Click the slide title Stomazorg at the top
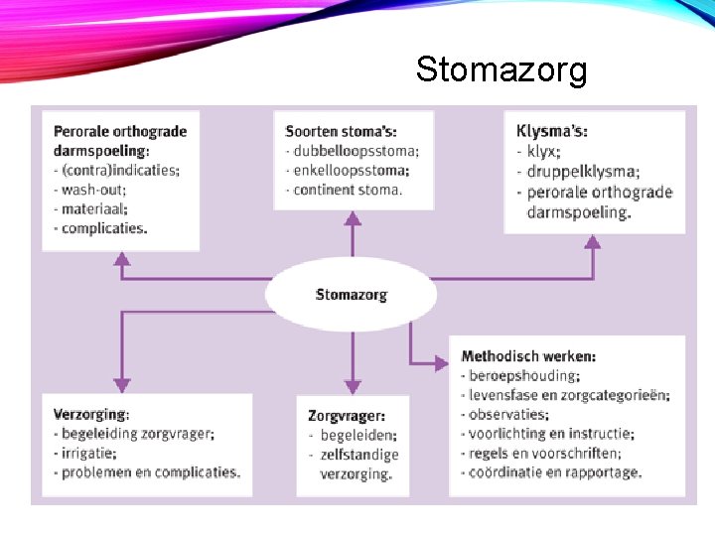(x=501, y=69)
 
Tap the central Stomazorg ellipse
(x=351, y=295)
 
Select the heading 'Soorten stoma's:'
(x=341, y=132)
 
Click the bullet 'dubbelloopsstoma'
(x=356, y=151)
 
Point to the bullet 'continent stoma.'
(x=347, y=190)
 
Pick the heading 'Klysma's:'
(x=552, y=132)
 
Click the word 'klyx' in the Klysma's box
(x=544, y=152)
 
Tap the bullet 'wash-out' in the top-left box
(x=94, y=190)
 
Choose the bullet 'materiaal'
(x=94, y=208)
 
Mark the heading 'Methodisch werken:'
(x=529, y=356)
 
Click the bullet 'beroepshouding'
(x=522, y=376)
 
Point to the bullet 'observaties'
(x=509, y=415)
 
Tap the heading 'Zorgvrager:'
(x=347, y=416)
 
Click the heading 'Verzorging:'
(x=91, y=414)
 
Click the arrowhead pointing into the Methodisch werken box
(x=442, y=363)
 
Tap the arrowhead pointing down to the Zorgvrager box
(x=350, y=386)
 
